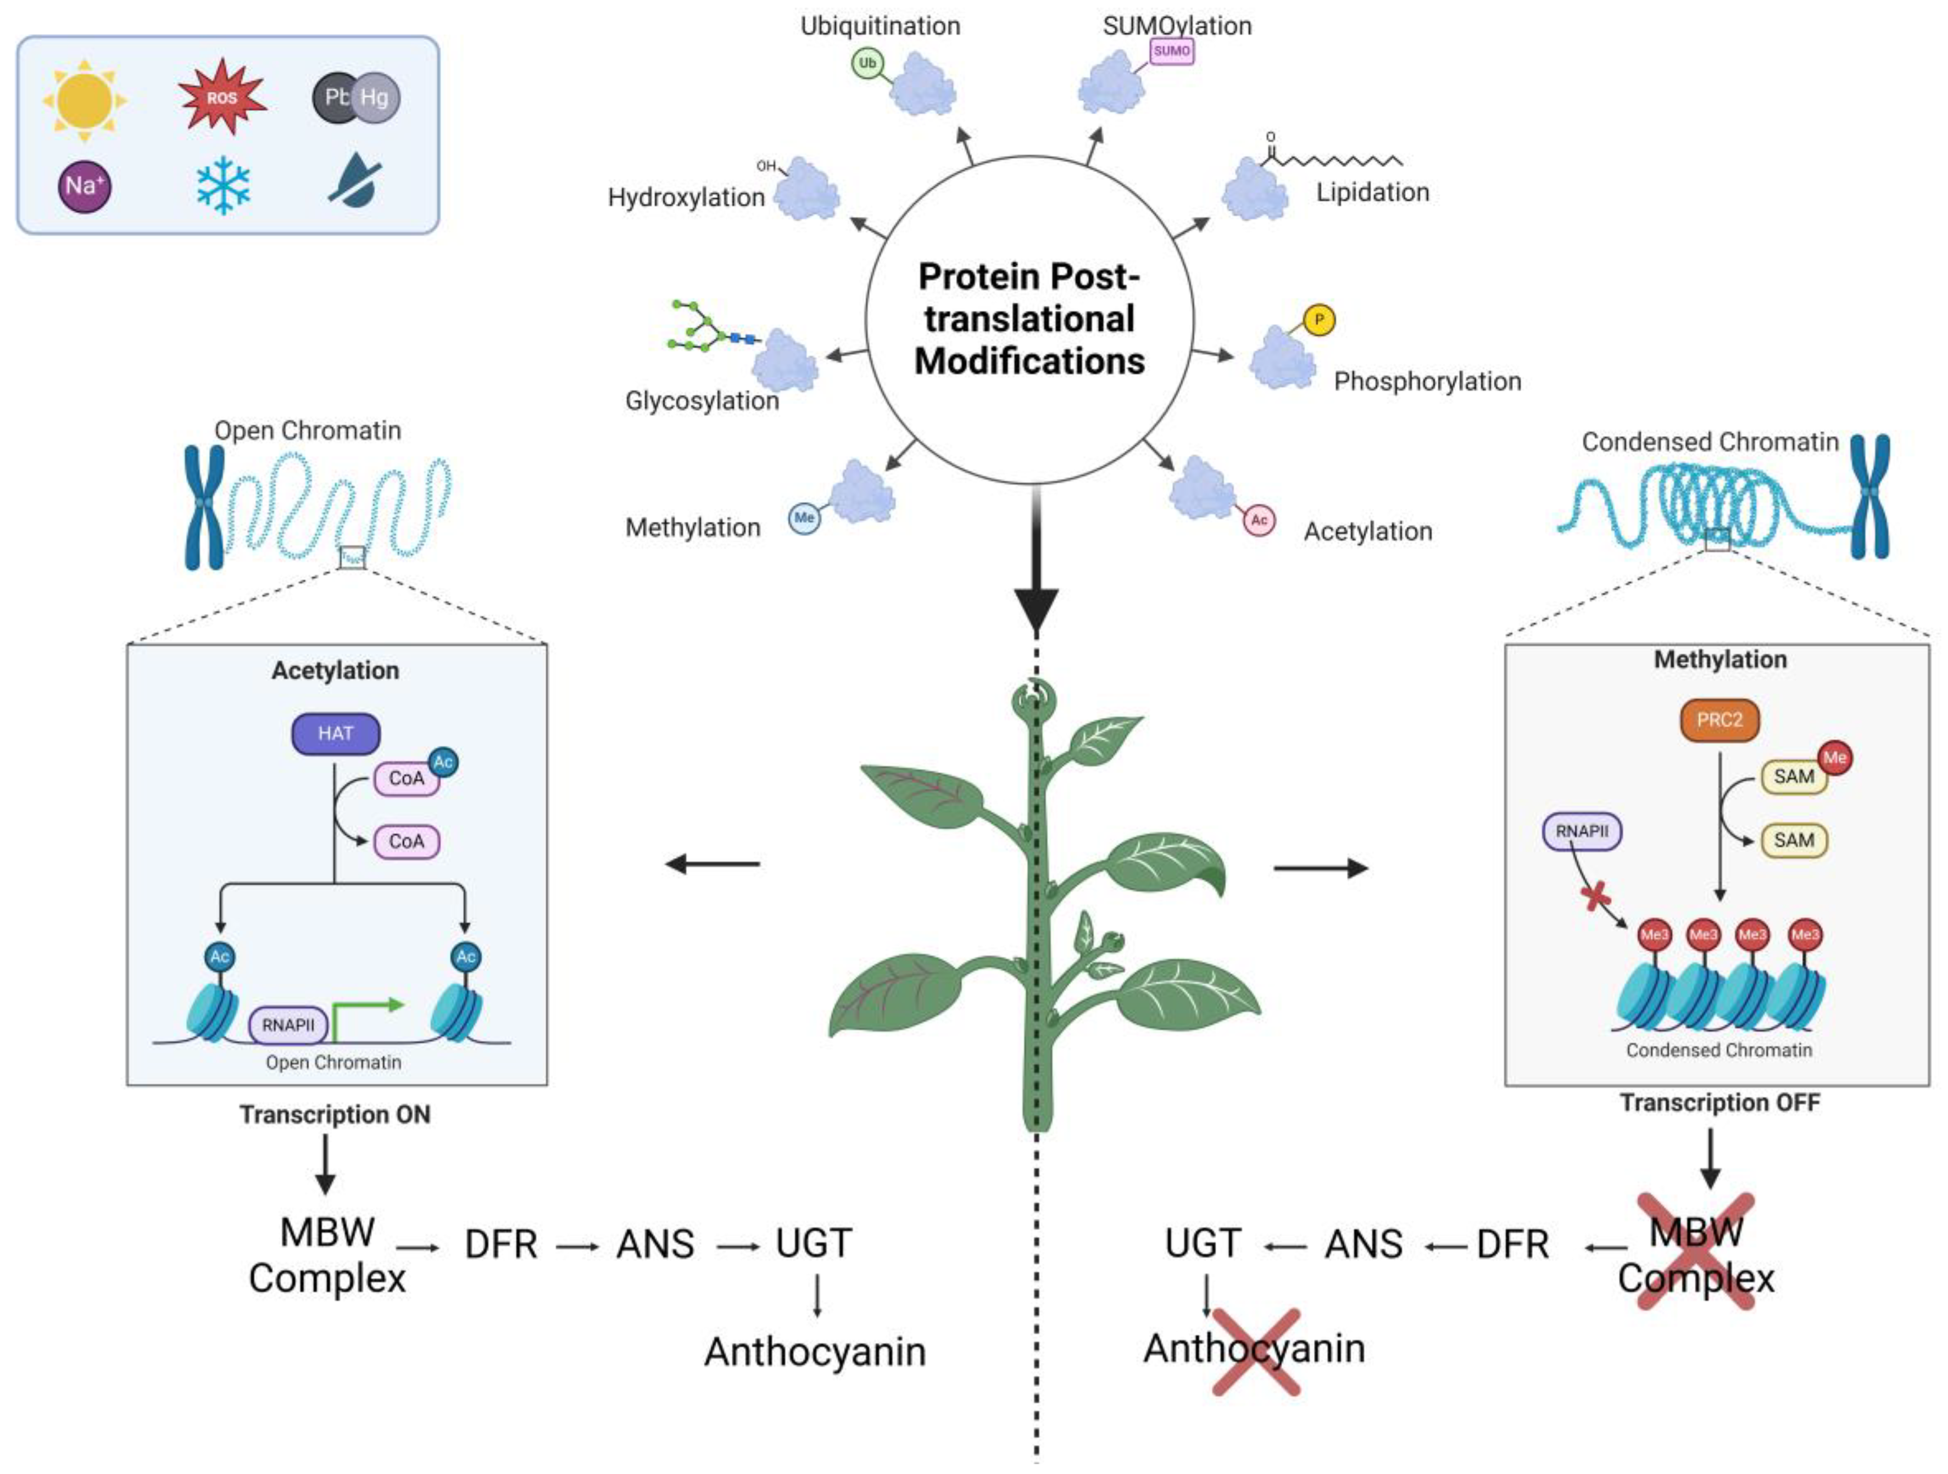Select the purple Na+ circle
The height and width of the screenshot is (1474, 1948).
click(85, 186)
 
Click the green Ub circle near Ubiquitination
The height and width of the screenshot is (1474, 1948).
click(867, 63)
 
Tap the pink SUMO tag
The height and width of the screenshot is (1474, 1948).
click(1171, 51)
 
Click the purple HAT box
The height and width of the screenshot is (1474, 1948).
click(336, 734)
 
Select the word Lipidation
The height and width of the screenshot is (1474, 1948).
click(1372, 192)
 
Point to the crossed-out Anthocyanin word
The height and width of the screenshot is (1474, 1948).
click(1254, 1348)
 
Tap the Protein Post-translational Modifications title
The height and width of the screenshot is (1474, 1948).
click(1028, 319)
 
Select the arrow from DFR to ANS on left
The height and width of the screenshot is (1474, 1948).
click(577, 1246)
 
